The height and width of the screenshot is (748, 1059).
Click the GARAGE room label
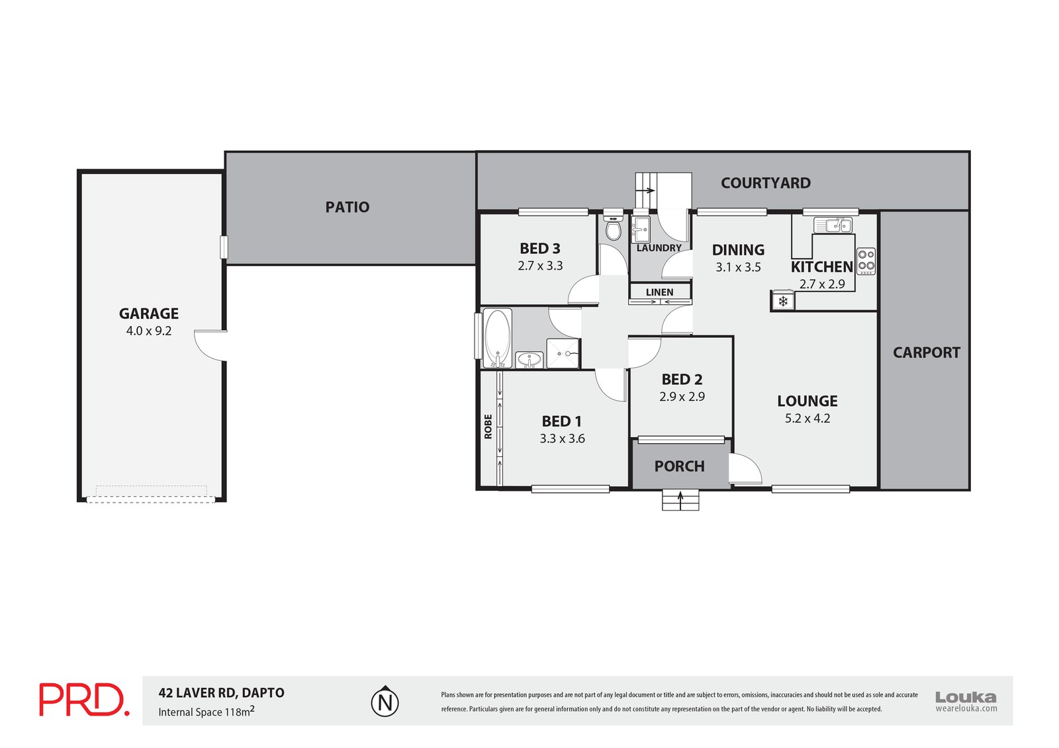click(148, 313)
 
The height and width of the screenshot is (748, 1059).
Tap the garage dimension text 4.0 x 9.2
click(148, 331)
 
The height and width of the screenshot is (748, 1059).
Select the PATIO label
click(347, 207)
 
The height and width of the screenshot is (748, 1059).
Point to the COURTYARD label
click(765, 183)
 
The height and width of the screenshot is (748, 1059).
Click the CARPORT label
click(926, 353)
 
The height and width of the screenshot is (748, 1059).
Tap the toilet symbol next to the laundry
click(613, 228)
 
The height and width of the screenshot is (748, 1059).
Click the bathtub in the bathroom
click(497, 338)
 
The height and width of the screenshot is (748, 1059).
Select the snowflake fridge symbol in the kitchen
click(783, 301)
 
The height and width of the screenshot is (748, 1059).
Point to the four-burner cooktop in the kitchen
click(866, 261)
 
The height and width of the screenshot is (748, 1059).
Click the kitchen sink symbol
click(833, 225)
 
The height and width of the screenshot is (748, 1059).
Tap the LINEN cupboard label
click(659, 292)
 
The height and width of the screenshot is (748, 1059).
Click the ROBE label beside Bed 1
click(488, 426)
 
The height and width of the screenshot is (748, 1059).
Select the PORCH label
click(679, 466)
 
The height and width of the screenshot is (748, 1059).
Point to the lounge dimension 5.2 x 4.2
click(807, 418)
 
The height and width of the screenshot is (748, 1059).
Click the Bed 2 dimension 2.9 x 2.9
click(682, 396)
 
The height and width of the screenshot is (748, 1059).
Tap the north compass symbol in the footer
click(385, 702)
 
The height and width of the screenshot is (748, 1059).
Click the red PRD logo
click(84, 700)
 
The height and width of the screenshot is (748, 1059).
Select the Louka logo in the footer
click(966, 701)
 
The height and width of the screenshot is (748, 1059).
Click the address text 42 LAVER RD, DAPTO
click(221, 692)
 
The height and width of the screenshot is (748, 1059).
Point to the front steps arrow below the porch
click(680, 501)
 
